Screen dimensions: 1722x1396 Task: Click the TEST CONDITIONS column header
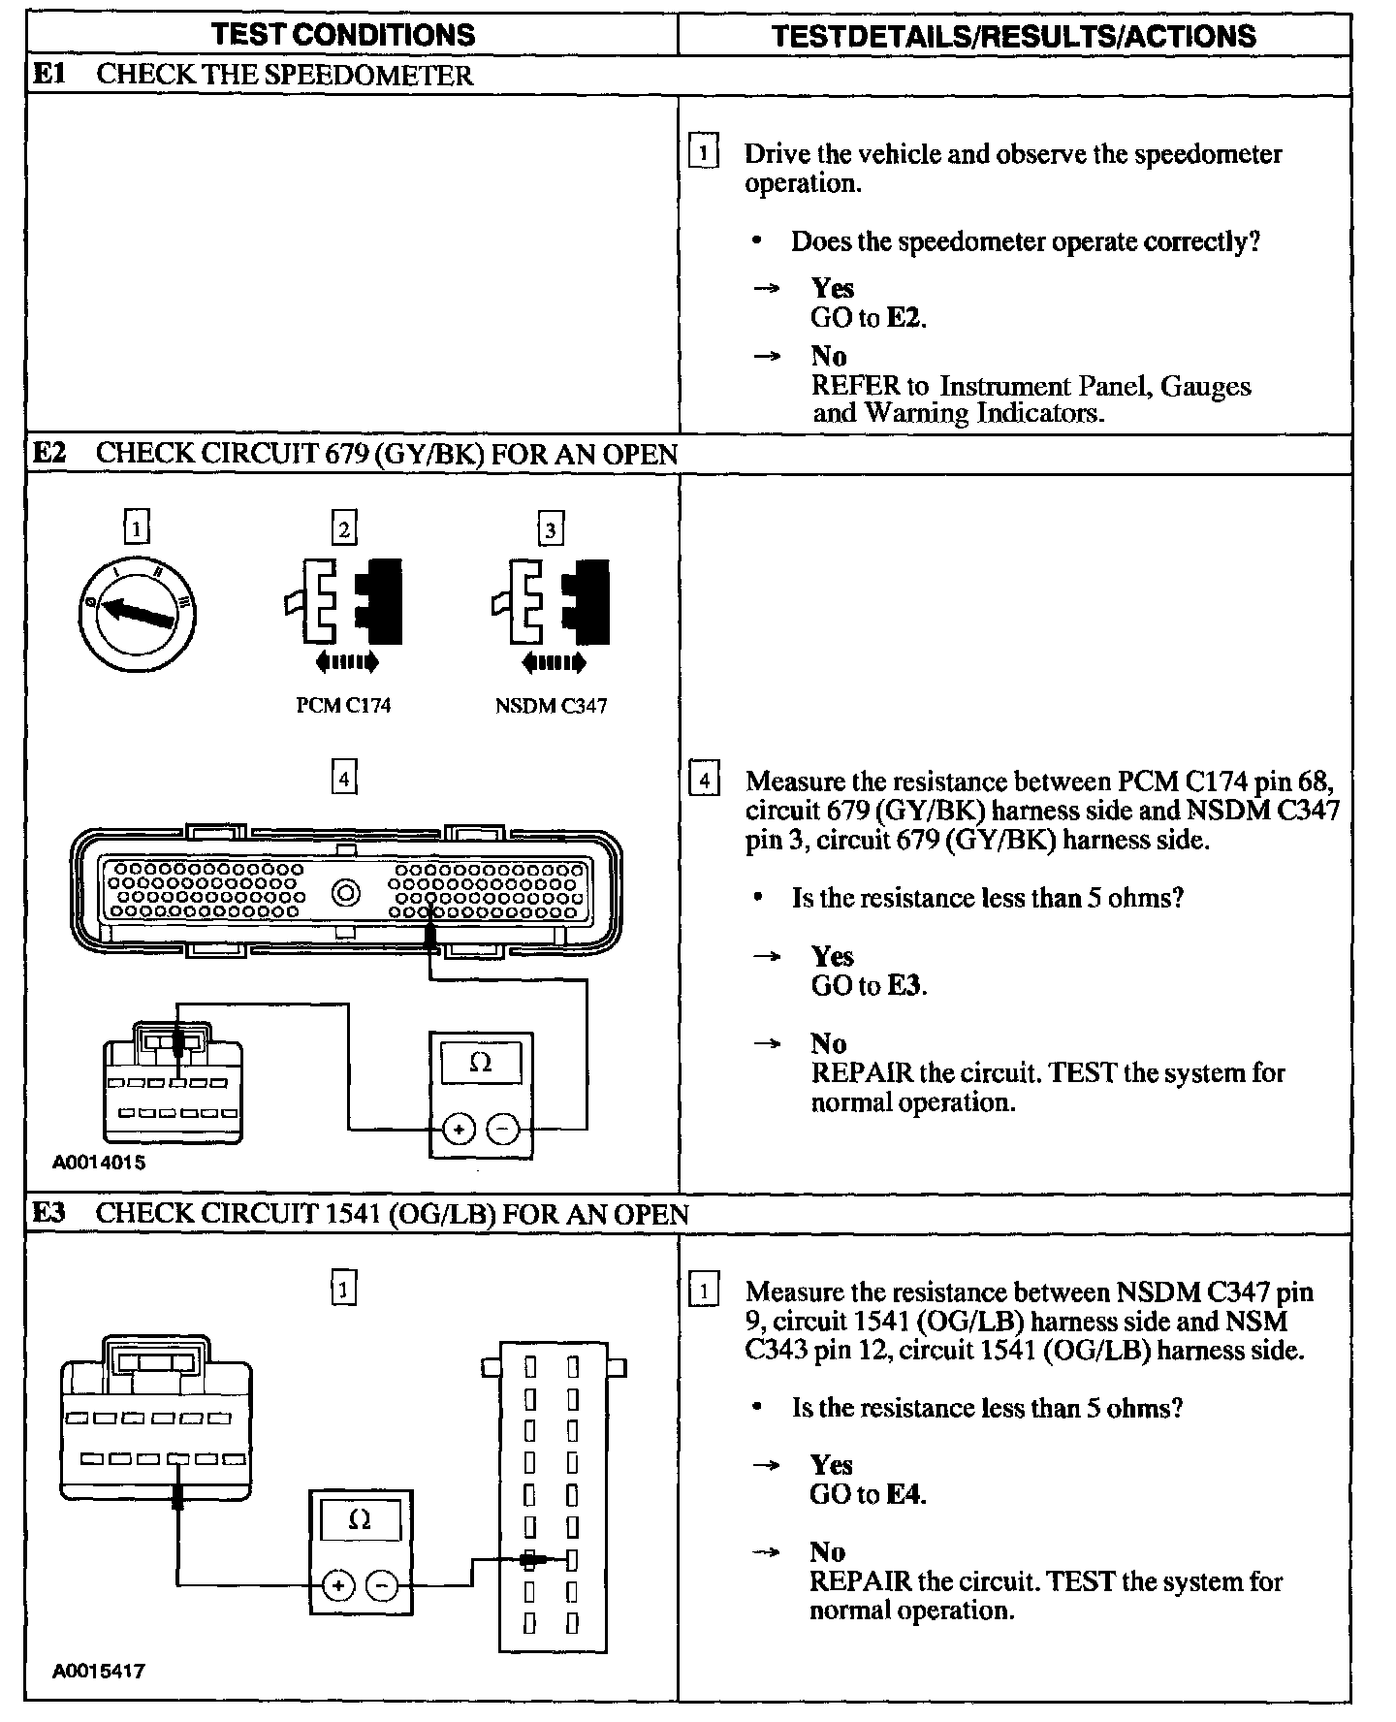(x=343, y=36)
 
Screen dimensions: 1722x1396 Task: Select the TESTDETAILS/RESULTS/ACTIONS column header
(x=1013, y=36)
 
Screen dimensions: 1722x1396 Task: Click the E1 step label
(x=49, y=75)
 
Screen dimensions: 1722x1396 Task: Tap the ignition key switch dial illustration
(x=138, y=611)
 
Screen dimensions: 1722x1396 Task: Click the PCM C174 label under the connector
(x=343, y=706)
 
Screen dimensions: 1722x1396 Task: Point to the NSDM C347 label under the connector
(x=551, y=706)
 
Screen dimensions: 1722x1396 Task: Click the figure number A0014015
(x=99, y=1162)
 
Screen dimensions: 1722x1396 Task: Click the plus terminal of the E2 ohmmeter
(x=459, y=1129)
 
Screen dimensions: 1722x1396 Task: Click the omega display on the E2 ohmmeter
(x=481, y=1063)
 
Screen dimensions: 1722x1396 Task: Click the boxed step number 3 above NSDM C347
(x=551, y=530)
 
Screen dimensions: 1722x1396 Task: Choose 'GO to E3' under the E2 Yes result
(x=869, y=985)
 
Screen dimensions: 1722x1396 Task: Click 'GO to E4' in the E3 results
(x=868, y=1494)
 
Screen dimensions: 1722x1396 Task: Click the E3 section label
(x=49, y=1214)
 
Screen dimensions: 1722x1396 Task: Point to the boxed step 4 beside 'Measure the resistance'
(x=704, y=781)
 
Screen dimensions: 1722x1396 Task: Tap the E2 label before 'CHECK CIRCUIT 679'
(x=49, y=454)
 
